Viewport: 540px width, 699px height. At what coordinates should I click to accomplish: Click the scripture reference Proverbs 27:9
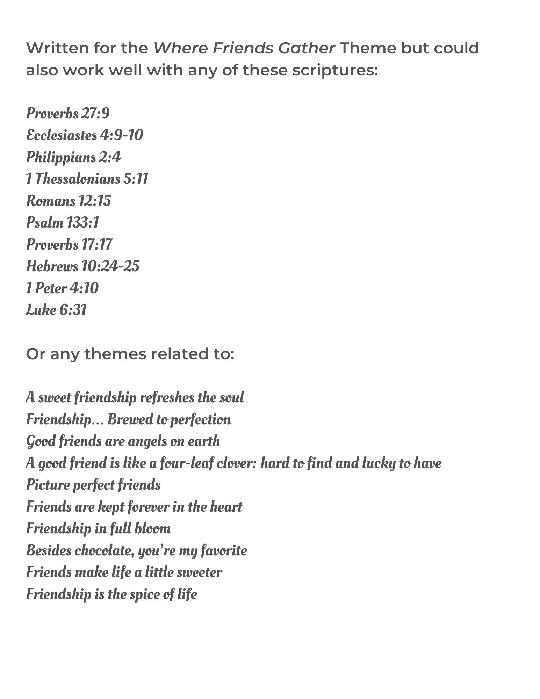tap(68, 114)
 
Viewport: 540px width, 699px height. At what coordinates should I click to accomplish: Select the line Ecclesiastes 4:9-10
tap(85, 135)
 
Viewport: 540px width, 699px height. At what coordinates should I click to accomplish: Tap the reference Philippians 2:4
tap(73, 157)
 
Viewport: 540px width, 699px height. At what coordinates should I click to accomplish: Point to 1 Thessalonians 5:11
tap(87, 179)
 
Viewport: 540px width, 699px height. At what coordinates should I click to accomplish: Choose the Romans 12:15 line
tap(69, 201)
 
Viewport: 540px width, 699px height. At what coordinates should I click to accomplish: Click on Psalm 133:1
tap(63, 223)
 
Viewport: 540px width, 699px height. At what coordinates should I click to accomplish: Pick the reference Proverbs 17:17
tap(69, 245)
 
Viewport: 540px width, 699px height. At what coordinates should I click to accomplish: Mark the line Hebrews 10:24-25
tap(83, 266)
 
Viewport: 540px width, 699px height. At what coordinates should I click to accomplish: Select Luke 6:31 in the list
tap(56, 310)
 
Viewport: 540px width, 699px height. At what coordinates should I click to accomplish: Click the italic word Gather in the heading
tap(307, 48)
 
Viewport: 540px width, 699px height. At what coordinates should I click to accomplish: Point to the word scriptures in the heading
tap(335, 70)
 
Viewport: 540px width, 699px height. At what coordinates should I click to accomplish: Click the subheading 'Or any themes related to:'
tap(130, 354)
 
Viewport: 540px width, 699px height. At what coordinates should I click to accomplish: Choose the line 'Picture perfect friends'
tap(93, 485)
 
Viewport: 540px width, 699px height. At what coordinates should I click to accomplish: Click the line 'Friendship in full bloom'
tap(98, 529)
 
